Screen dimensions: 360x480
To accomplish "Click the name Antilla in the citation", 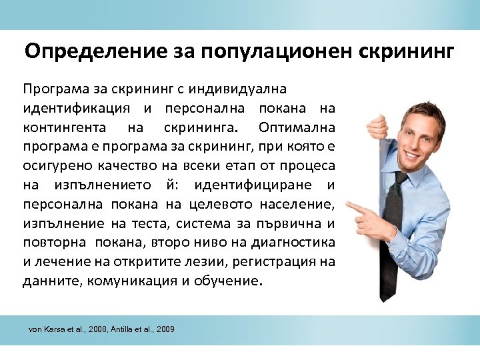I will pyautogui.click(x=131, y=330).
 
